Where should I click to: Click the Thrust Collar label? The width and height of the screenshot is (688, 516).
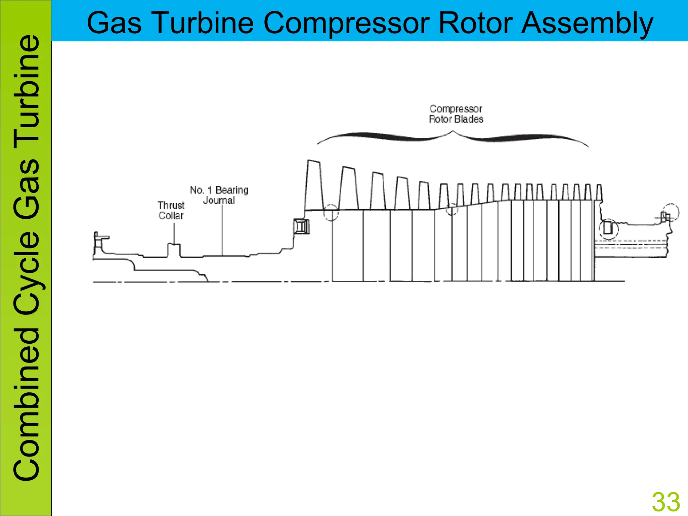point(171,210)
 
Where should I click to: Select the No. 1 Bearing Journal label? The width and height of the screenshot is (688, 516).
point(219,195)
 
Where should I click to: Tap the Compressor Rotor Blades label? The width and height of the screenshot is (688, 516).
point(456,114)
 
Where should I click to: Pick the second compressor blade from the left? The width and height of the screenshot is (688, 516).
point(348,188)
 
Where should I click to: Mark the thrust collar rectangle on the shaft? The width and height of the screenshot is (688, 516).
point(174,250)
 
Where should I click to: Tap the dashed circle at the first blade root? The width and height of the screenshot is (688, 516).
point(331,212)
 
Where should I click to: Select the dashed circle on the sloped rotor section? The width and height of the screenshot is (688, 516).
point(452,209)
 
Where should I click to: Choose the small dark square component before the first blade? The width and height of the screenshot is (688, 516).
point(301,226)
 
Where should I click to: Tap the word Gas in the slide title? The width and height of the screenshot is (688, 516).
point(114,23)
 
